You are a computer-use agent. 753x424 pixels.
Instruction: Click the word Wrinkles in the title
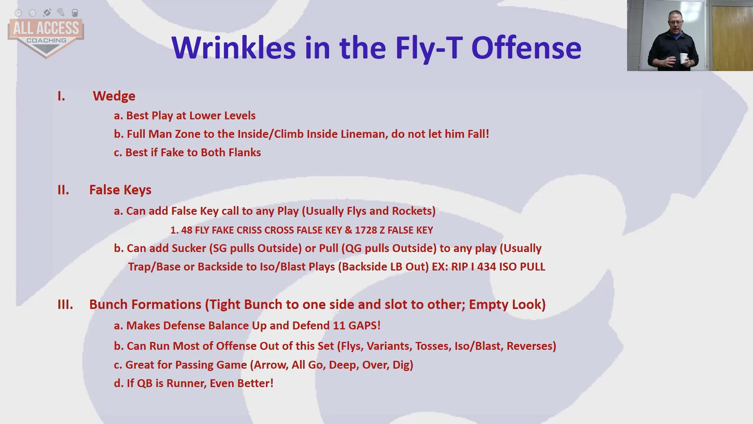[x=233, y=48]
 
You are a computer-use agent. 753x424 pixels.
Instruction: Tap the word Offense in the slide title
[x=526, y=48]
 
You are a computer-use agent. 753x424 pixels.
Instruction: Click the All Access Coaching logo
[x=46, y=34]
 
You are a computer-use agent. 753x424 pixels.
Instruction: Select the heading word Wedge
[x=114, y=96]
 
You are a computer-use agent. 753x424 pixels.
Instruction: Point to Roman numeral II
[x=63, y=190]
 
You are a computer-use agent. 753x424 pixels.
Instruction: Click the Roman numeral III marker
[x=65, y=305]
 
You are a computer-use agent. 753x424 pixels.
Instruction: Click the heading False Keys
[x=120, y=190]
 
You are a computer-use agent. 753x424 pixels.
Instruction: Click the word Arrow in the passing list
[x=271, y=365]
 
